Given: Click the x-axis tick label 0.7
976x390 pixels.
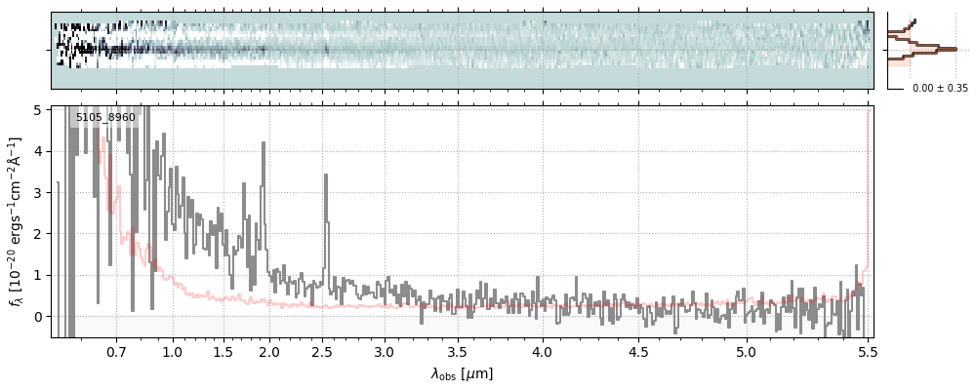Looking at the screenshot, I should tap(116, 351).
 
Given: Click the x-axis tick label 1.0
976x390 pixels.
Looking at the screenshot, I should tap(173, 351).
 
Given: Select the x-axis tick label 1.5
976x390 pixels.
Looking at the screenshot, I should tap(223, 351).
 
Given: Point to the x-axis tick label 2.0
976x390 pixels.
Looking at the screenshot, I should tap(269, 351).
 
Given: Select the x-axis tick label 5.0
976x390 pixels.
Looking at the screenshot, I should tap(747, 351).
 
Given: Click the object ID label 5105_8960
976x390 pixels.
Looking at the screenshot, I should tap(105, 118).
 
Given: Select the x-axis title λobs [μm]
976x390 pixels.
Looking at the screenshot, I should tap(462, 373).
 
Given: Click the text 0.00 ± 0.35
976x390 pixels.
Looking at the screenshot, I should tap(940, 88).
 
